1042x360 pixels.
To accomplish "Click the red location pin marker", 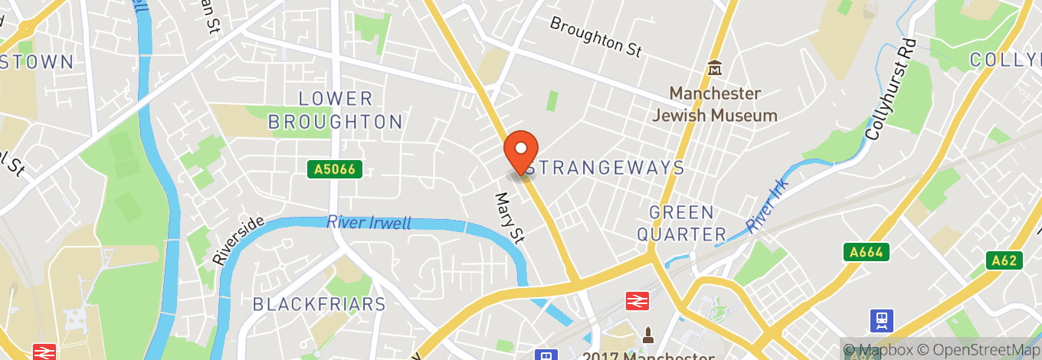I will pyautogui.click(x=521, y=151).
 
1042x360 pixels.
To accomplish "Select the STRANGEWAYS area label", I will pyautogui.click(x=605, y=168).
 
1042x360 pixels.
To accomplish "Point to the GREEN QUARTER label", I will pyautogui.click(x=682, y=223).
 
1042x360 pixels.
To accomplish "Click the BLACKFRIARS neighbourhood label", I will pyautogui.click(x=319, y=304).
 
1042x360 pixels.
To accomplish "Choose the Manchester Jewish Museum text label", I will pyautogui.click(x=715, y=105).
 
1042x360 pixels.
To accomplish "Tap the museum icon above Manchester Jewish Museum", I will pyautogui.click(x=715, y=69).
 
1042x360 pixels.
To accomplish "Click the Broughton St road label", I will pyautogui.click(x=595, y=36).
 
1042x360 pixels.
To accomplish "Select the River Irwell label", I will pyautogui.click(x=369, y=223).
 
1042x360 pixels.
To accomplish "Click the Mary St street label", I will pyautogui.click(x=510, y=218).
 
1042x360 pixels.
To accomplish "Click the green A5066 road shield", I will pyautogui.click(x=335, y=169).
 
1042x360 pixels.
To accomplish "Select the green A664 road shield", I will pyautogui.click(x=866, y=252).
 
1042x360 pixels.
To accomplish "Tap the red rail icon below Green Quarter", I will pyautogui.click(x=636, y=302).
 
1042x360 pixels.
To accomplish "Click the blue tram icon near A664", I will pyautogui.click(x=883, y=319).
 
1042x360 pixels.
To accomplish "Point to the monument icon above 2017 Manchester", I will pyautogui.click(x=648, y=335).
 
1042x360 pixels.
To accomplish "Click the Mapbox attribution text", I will pyautogui.click(x=879, y=349).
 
